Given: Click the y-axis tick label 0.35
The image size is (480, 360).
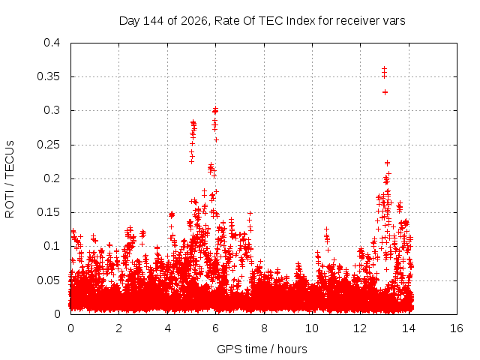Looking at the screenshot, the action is [48, 76].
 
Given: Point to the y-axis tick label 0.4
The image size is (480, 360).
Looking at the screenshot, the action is [52, 43].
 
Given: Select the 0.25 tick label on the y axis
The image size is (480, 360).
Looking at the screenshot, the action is [48, 145].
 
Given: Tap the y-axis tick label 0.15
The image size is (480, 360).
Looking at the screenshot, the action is [48, 212].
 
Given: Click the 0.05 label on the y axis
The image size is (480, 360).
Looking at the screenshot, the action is [48, 280].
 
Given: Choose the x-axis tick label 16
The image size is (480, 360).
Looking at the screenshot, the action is [457, 328].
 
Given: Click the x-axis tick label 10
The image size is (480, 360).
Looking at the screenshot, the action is [312, 328].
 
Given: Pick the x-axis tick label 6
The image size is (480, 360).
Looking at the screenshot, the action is [215, 328].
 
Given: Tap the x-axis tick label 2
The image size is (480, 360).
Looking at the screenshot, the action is [118, 328].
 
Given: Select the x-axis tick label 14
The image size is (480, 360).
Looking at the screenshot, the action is [409, 328].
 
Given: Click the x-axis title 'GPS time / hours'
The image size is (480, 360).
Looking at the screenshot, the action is [262, 349].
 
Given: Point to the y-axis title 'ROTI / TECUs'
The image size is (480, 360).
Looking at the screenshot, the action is [10, 179].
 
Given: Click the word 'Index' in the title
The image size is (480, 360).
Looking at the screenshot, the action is [301, 21].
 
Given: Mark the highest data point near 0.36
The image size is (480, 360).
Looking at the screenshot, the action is [385, 68].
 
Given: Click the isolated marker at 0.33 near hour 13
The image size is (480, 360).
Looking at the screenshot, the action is [385, 92].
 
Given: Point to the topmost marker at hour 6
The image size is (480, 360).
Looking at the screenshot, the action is [215, 109].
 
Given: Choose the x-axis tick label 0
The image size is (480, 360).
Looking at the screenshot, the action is [70, 328].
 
